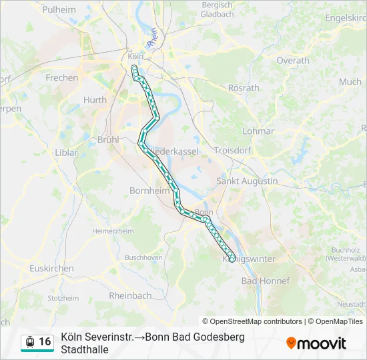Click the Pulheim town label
59,9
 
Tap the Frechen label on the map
61,78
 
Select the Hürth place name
95,100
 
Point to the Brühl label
107,140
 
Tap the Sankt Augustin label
248,181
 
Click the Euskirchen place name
51,268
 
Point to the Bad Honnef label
266,281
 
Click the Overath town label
293,60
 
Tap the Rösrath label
244,87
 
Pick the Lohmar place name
258,131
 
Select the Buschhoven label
143,257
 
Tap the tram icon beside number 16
30,342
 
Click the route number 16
45,342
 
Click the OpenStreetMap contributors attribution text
252,321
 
